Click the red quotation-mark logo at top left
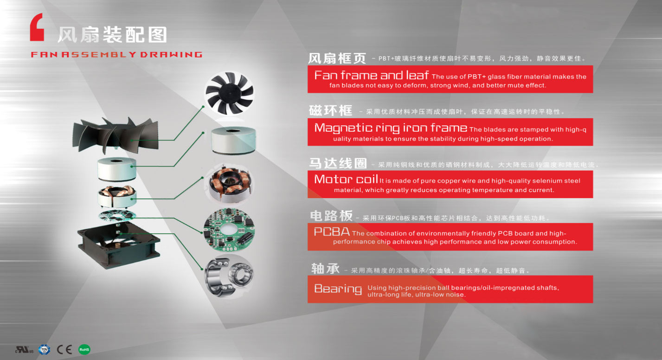click(37, 27)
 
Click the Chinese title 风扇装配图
click(113, 35)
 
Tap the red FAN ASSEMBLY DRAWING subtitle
click(117, 54)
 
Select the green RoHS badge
click(84, 350)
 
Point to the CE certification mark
click(64, 350)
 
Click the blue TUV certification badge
click(45, 350)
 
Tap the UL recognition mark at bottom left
click(24, 350)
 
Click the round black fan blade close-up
click(229, 93)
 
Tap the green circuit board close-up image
click(229, 229)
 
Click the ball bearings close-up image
click(229, 276)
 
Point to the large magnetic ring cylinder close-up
click(233, 140)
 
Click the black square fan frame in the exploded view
click(118, 245)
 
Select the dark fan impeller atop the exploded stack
click(116, 135)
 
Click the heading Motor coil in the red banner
click(346, 179)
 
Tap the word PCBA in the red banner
click(332, 231)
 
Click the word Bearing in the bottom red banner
click(338, 289)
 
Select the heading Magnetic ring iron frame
click(391, 128)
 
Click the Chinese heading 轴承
click(325, 269)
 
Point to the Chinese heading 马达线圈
click(338, 163)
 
